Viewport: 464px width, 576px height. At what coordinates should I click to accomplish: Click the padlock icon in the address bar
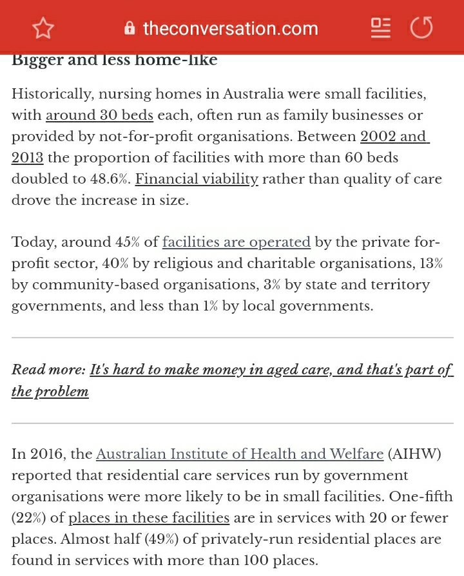(x=130, y=28)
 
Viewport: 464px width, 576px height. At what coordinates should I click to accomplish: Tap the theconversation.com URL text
(x=230, y=28)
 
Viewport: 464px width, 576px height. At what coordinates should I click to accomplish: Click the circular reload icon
(x=421, y=28)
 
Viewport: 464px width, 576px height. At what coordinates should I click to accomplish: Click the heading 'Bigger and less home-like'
(x=115, y=61)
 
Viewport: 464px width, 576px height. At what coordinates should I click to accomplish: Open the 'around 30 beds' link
(x=99, y=116)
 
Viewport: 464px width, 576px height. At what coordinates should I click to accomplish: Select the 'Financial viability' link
(x=197, y=179)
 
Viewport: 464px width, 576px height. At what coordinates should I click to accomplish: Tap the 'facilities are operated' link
(x=237, y=242)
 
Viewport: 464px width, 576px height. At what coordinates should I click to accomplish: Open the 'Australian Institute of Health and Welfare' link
(x=240, y=454)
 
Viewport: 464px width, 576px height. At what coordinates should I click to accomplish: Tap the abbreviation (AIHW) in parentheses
(x=414, y=454)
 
